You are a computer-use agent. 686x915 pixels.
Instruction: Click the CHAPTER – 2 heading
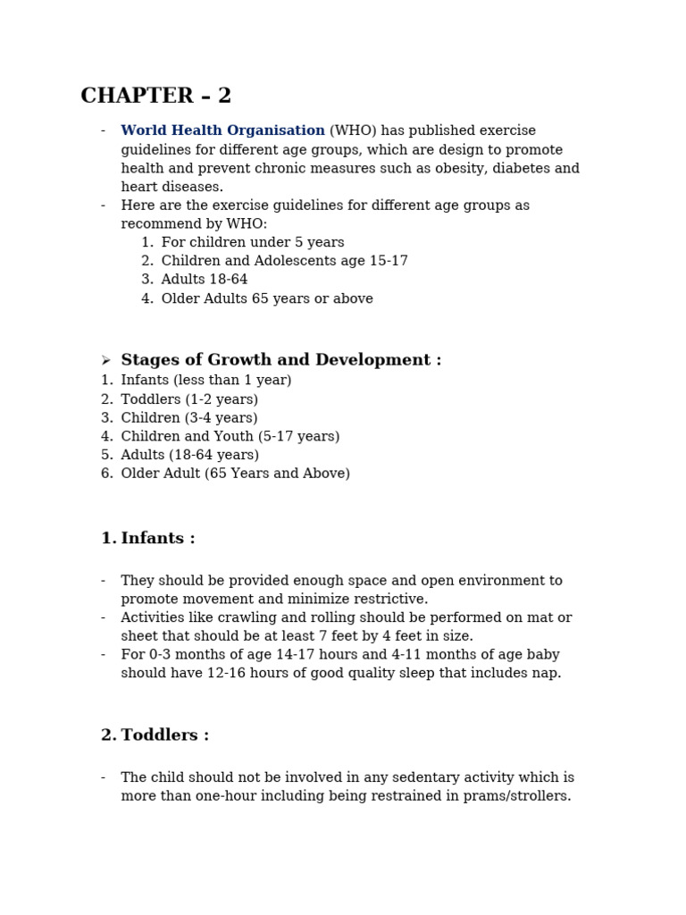pos(155,97)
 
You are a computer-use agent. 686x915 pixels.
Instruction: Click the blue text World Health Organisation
pos(222,131)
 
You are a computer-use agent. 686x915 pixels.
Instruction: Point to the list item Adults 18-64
pos(205,280)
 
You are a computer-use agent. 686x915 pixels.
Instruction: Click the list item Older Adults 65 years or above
pos(267,298)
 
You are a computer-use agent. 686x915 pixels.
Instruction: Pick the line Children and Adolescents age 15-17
pos(284,261)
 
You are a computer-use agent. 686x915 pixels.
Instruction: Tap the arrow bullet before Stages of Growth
pos(105,361)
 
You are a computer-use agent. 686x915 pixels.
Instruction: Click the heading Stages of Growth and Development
pos(280,360)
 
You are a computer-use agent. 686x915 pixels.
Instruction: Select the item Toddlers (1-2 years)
pos(189,399)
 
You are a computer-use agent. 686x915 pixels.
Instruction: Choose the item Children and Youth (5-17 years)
pos(230,436)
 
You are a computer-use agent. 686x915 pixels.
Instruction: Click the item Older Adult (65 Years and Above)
pos(235,474)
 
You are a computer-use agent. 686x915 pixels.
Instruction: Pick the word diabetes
pos(526,168)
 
